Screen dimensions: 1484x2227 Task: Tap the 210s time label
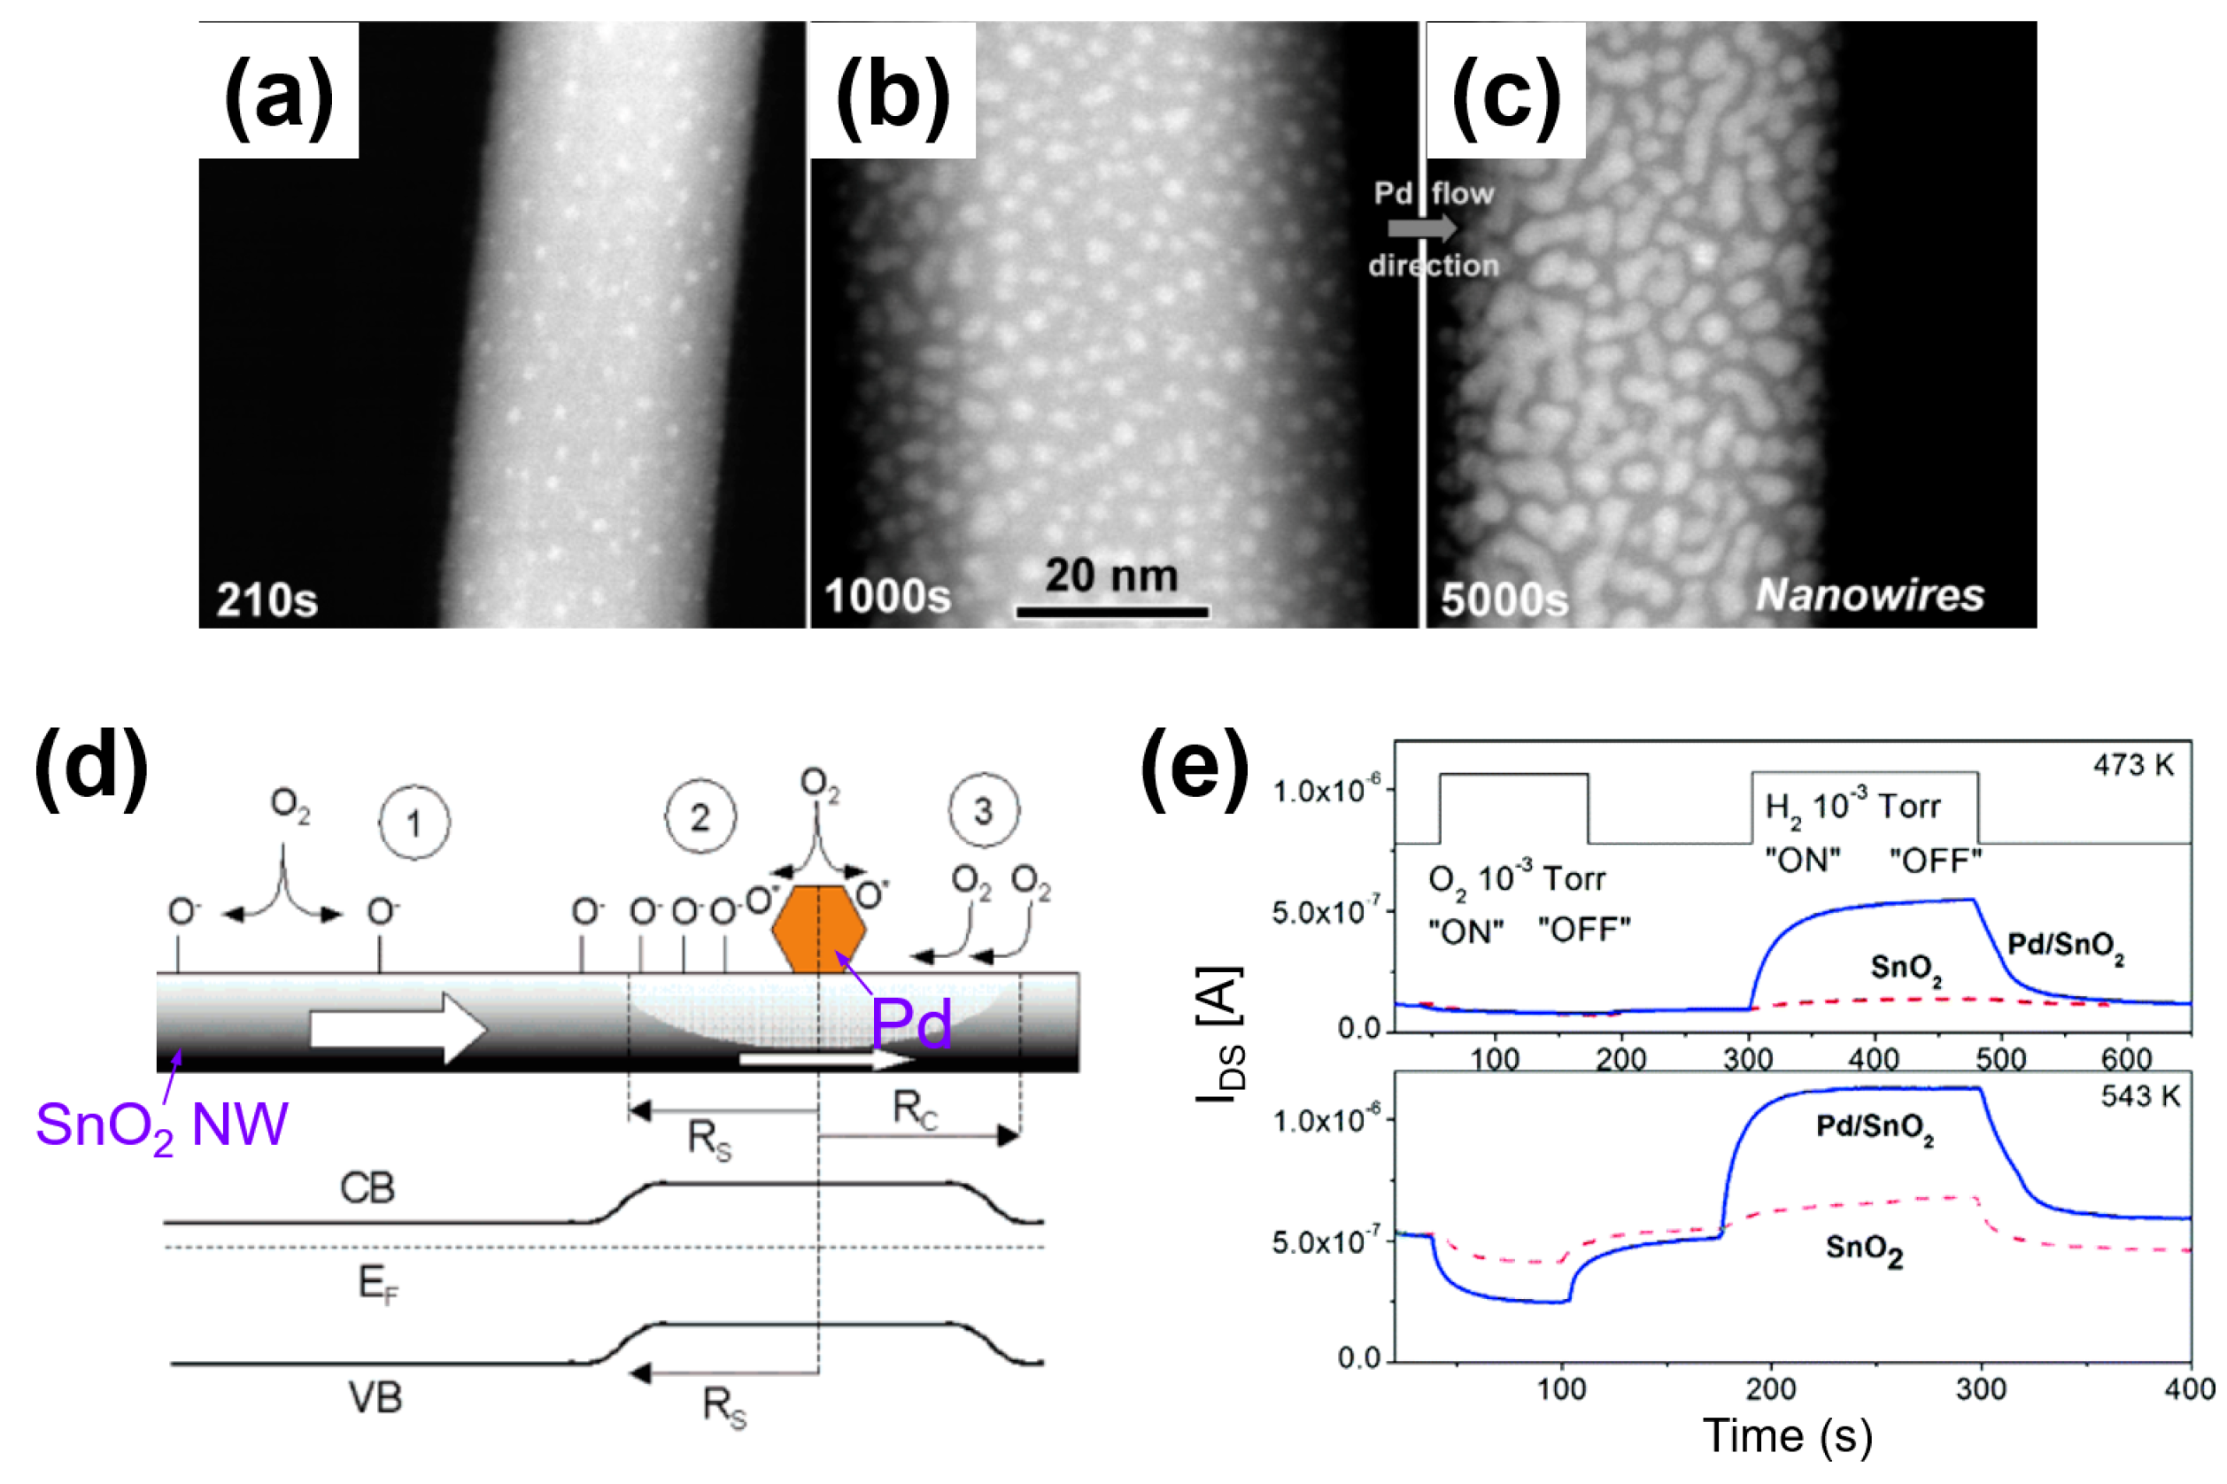[267, 600]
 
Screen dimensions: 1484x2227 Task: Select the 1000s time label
[887, 597]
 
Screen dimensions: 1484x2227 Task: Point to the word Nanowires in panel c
[1869, 595]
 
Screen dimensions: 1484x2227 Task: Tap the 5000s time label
[1504, 600]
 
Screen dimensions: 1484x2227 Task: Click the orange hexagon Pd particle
[817, 930]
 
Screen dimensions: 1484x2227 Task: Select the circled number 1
[414, 824]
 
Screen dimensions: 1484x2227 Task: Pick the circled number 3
[984, 811]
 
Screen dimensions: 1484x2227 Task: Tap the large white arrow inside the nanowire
[398, 1028]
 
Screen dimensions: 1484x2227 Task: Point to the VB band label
[375, 1398]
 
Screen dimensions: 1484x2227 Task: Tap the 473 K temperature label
[2133, 765]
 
